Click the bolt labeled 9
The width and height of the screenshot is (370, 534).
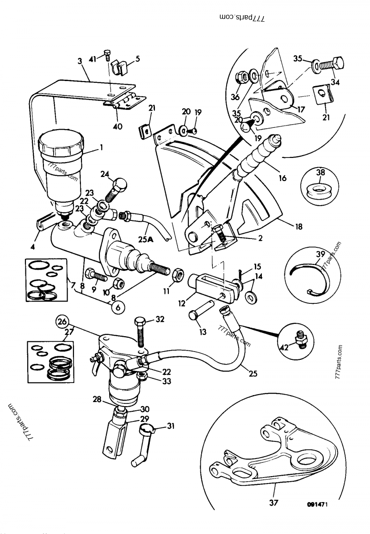[x=97, y=277]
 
